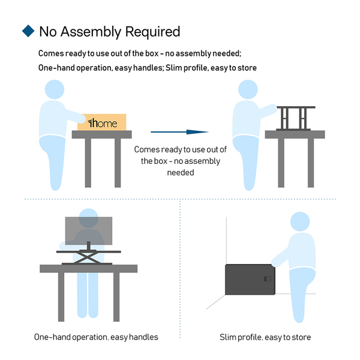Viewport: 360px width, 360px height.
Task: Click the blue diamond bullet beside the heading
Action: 28,31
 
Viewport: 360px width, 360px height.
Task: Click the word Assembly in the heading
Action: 91,32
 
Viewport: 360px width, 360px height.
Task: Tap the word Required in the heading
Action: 152,32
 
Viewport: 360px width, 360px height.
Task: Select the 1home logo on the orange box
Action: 103,123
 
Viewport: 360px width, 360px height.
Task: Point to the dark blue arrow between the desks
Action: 179,132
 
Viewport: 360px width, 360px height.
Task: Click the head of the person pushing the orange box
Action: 55,89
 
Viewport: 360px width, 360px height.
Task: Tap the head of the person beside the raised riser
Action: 248,89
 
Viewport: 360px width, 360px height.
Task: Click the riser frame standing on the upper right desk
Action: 296,118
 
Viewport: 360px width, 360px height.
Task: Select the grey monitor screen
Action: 89,231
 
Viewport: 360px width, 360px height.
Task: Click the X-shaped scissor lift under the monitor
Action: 87,257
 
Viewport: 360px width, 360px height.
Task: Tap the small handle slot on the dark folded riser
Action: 268,279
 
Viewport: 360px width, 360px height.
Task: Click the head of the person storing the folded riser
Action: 300,221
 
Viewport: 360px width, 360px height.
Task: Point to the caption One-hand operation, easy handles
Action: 96,337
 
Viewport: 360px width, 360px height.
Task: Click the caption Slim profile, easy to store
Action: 265,337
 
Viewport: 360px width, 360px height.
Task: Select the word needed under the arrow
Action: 181,172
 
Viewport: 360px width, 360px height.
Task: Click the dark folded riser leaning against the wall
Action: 250,280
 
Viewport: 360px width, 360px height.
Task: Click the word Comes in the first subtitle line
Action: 51,53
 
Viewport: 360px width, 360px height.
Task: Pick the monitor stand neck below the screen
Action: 89,245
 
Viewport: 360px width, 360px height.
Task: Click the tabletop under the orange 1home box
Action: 102,134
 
